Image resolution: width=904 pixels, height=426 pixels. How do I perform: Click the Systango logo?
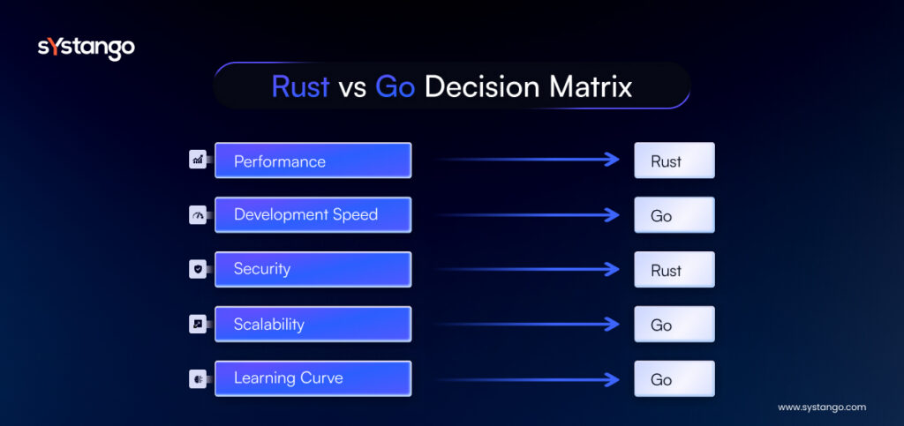tap(86, 49)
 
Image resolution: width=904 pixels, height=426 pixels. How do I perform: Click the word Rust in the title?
tap(300, 87)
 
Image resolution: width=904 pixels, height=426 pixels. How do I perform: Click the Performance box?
tap(313, 160)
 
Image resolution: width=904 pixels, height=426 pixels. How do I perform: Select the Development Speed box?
tap(313, 214)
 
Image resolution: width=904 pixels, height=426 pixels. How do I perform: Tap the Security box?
tap(313, 269)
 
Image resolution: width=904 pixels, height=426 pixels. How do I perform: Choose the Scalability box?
tap(313, 324)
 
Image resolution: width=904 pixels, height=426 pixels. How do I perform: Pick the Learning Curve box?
tap(313, 378)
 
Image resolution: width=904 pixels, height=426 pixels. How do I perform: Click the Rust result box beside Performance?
tap(674, 160)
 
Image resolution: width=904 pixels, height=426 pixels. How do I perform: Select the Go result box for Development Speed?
tap(674, 214)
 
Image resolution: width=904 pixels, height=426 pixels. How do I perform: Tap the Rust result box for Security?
tap(674, 269)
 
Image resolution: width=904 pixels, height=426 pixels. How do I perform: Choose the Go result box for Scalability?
tap(674, 324)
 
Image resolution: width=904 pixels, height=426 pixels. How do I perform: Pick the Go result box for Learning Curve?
tap(674, 378)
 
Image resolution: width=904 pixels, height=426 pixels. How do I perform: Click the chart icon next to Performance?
tap(198, 160)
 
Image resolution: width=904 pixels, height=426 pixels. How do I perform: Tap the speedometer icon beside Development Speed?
tap(198, 214)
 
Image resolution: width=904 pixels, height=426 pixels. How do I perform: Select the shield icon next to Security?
tap(198, 269)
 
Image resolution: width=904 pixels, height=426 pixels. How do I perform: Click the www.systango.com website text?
tap(822, 407)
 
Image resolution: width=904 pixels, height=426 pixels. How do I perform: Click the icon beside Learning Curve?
tap(198, 378)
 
